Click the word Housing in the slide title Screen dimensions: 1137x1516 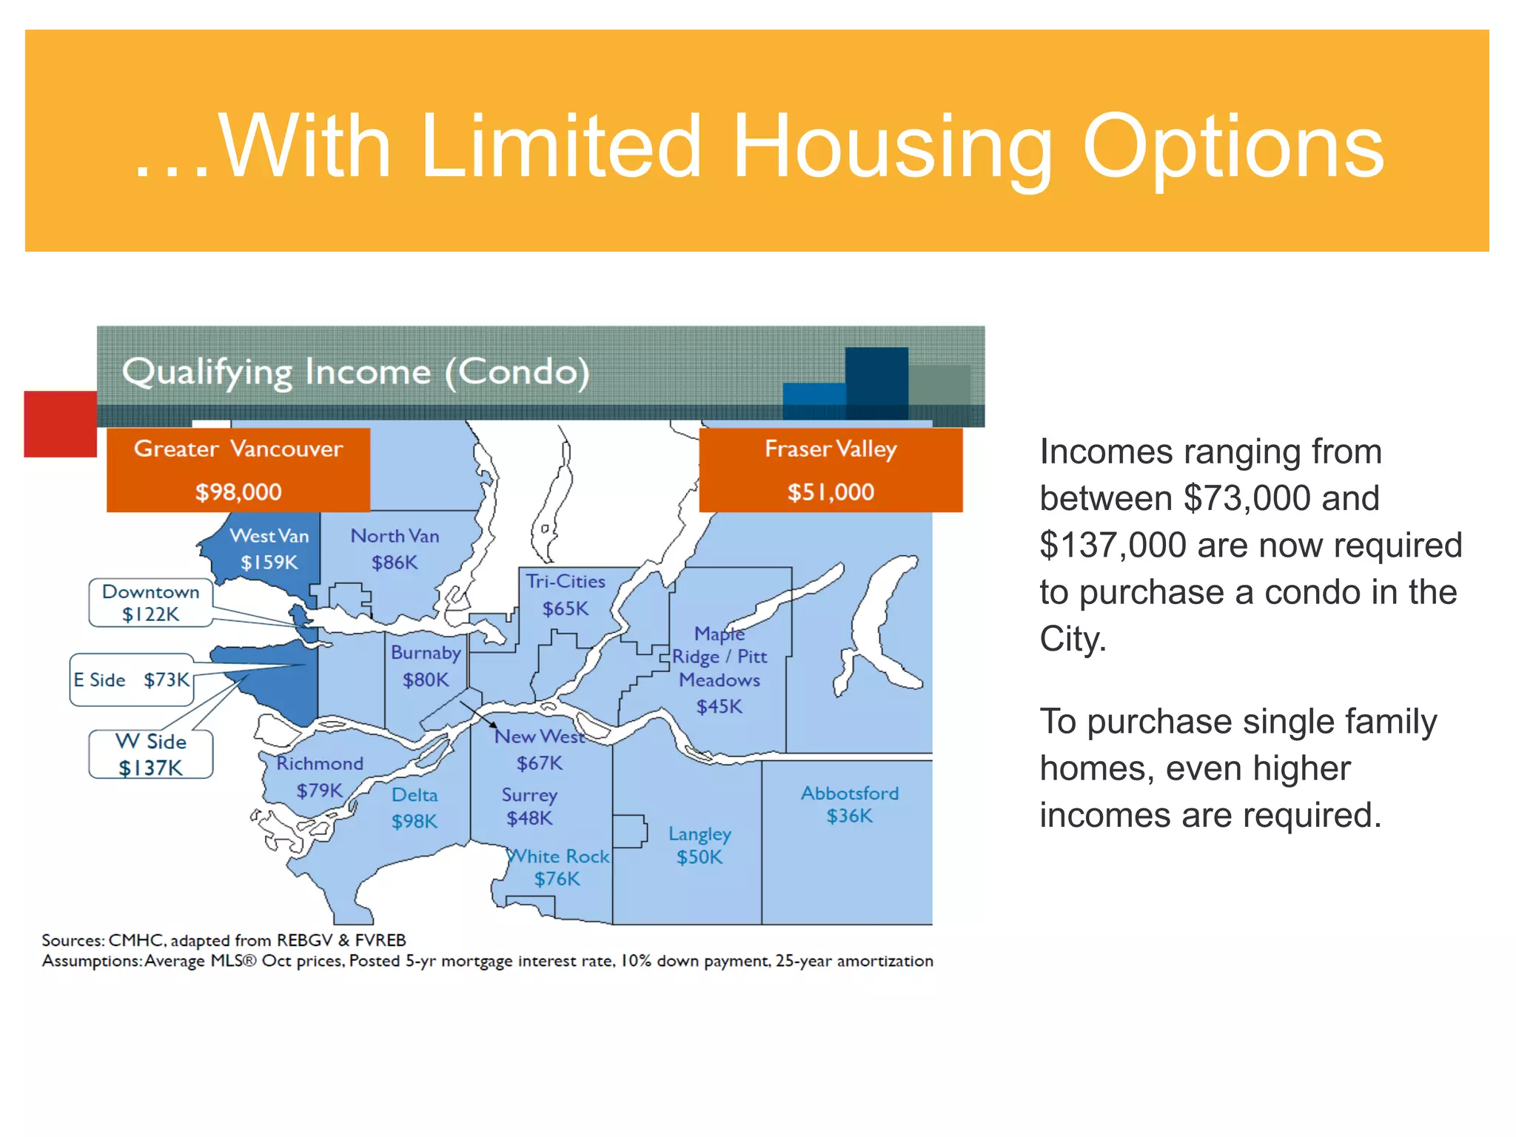[891, 148]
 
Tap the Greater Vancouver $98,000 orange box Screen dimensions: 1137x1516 [238, 470]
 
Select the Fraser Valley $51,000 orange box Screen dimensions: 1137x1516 [831, 470]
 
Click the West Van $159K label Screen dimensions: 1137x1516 [269, 549]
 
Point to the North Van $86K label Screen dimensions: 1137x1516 [395, 549]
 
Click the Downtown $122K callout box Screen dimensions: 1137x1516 [151, 603]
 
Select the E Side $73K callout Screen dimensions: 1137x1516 [132, 680]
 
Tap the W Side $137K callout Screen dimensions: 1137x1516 [151, 754]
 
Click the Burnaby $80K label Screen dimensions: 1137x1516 [426, 666]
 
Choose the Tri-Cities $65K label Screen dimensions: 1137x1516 [566, 594]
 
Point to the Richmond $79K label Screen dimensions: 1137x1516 [320, 777]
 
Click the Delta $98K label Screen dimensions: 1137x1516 [415, 808]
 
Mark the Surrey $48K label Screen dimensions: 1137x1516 [529, 806]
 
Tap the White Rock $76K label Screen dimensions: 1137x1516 [558, 868]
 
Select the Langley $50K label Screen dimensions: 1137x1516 [700, 845]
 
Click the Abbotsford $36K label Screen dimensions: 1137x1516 [850, 805]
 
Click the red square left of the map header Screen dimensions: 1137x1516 [60, 424]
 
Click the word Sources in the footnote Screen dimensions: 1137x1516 [73, 940]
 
